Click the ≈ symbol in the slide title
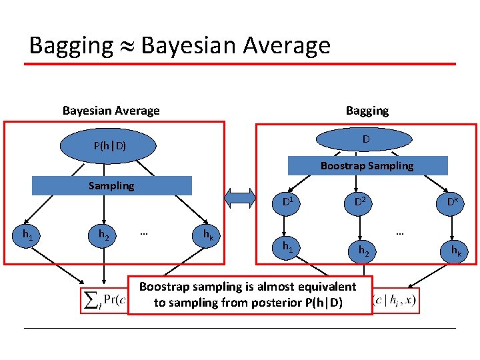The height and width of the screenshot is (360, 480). [x=127, y=46]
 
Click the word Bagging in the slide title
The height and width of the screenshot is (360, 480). [x=71, y=46]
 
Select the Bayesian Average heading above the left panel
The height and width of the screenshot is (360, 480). [x=111, y=111]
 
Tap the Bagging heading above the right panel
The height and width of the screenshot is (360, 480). [x=367, y=111]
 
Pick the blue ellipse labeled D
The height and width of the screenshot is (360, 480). [x=366, y=140]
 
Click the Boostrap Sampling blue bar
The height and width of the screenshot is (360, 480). [x=367, y=165]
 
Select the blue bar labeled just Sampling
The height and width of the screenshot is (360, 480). [x=111, y=185]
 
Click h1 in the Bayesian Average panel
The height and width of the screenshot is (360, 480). [x=29, y=234]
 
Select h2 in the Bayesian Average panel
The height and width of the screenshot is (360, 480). [x=105, y=235]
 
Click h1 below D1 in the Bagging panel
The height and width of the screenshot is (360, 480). [x=287, y=247]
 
